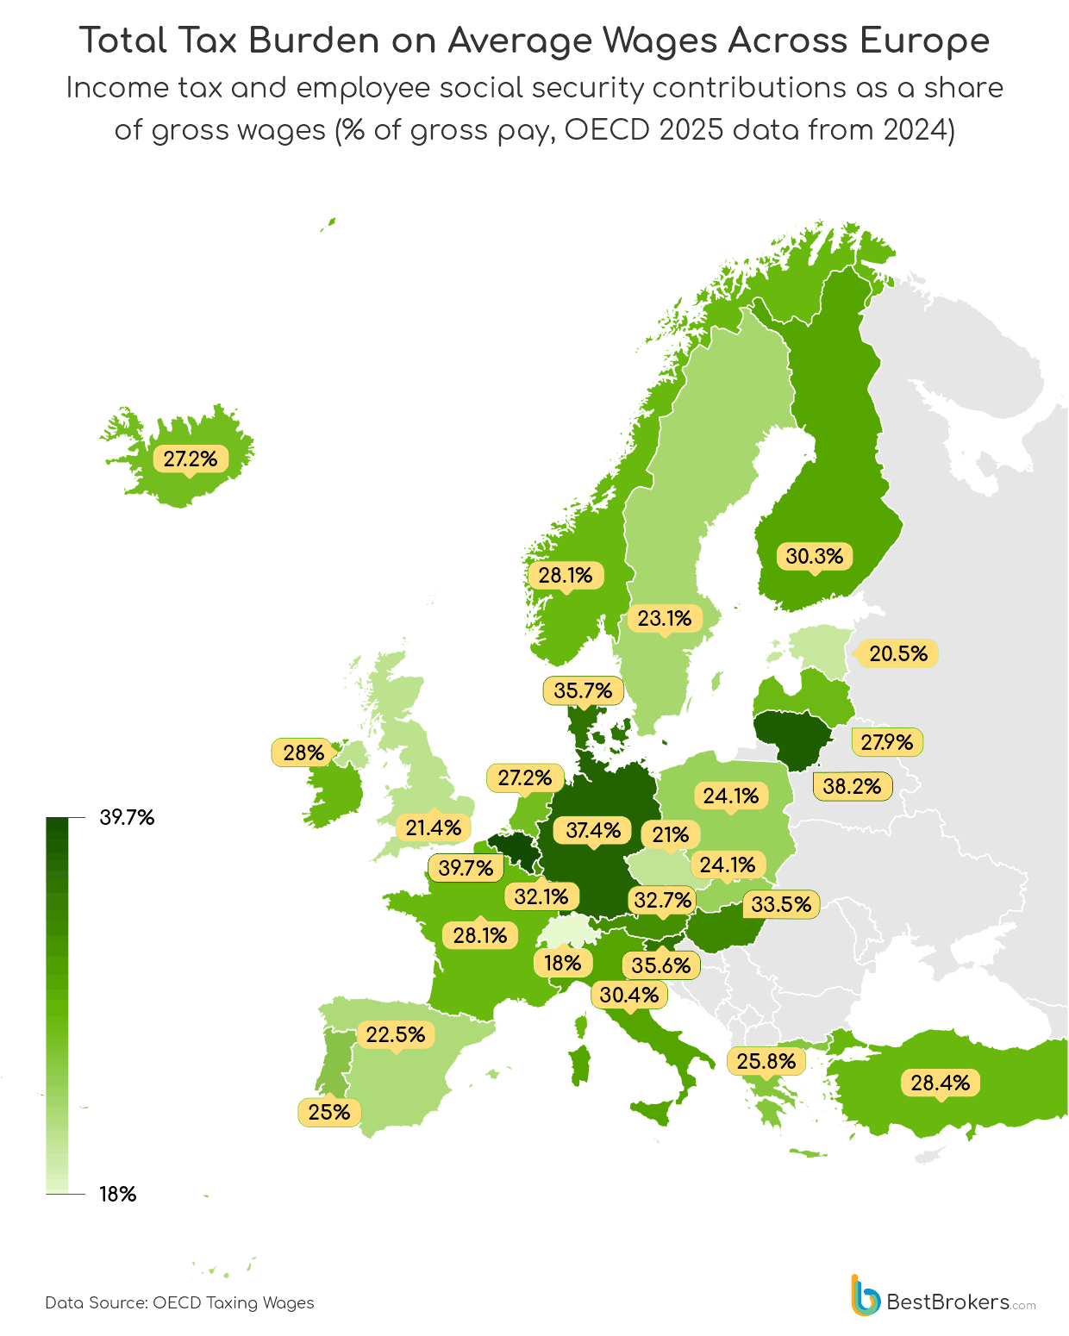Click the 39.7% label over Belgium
[466, 867]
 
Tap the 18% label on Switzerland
[562, 963]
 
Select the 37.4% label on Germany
[593, 830]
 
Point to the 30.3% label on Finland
[814, 556]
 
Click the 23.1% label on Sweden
[665, 618]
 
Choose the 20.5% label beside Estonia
[898, 653]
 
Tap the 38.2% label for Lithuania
[852, 786]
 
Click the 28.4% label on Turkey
[940, 1083]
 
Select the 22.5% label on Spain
[396, 1034]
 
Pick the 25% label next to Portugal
[329, 1112]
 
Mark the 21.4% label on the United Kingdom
[434, 827]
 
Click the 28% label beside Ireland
[303, 752]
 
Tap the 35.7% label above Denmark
[583, 690]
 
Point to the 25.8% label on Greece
[766, 1061]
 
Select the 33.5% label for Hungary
[781, 904]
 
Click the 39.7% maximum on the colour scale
[127, 817]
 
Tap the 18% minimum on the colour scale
[118, 1194]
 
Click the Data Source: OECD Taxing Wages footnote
[179, 1302]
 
